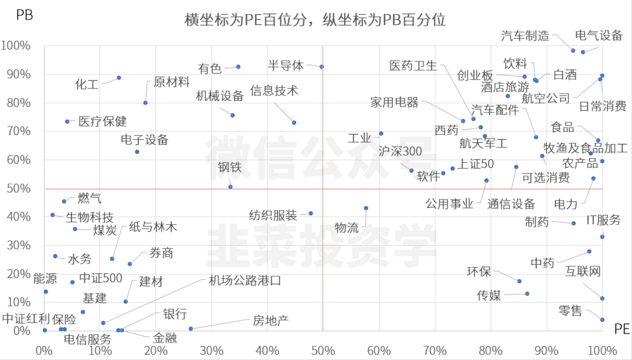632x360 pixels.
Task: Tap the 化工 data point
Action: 119,78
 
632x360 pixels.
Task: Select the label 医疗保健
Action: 102,122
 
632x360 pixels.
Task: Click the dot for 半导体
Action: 322,67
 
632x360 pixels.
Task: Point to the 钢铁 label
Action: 229,167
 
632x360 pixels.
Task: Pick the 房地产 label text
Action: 270,321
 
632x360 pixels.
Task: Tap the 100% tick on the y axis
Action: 17,46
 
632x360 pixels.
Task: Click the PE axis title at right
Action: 621,330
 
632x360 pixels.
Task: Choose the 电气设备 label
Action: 599,36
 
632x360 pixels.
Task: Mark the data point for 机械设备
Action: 232,115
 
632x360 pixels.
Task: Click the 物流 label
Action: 346,228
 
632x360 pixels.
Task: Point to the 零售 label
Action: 570,311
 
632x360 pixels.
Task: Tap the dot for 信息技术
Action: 294,122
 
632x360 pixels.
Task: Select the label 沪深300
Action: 400,151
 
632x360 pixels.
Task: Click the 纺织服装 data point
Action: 311,214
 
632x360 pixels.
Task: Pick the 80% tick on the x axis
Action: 490,351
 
